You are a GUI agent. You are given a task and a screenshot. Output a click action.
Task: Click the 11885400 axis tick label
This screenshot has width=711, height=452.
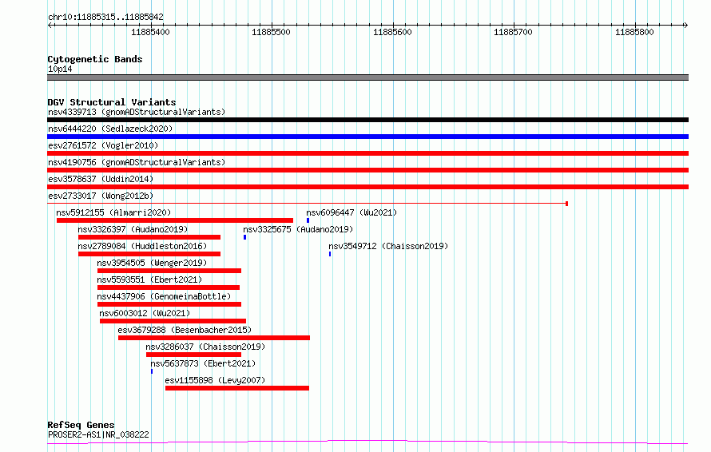[x=150, y=32]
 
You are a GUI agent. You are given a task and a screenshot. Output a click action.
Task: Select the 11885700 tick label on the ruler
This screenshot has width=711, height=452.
[x=513, y=32]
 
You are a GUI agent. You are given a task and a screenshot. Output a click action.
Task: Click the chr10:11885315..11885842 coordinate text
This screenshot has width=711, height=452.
[x=105, y=18]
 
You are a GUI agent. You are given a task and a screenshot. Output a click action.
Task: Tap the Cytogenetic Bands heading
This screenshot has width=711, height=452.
[x=95, y=59]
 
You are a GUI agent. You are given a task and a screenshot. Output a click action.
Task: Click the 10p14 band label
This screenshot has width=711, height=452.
[x=60, y=69]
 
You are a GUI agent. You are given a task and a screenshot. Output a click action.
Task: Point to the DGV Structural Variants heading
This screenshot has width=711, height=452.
[x=112, y=102]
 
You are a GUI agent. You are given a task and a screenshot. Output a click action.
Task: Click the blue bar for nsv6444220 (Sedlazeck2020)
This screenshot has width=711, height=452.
[x=367, y=137]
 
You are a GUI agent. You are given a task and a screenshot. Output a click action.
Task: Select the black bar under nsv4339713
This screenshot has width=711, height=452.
[x=367, y=120]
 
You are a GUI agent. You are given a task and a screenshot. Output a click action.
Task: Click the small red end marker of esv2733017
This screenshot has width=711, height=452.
[x=567, y=204]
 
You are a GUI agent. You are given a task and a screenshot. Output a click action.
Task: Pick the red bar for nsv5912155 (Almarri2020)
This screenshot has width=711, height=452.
[x=175, y=220]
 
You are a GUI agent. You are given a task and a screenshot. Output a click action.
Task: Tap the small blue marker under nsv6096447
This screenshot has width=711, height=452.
[x=308, y=220]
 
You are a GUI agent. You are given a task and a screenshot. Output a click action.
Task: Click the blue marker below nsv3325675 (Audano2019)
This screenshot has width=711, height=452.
[x=245, y=237]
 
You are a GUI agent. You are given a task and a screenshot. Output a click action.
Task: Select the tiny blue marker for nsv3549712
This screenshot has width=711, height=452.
[x=330, y=254]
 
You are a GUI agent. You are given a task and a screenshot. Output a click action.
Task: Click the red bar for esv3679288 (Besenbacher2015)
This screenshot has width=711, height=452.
[x=214, y=338]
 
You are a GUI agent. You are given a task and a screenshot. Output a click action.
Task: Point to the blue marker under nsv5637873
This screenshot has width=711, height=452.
[x=152, y=371]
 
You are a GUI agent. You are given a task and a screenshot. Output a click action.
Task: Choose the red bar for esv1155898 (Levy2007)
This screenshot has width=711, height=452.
[x=237, y=388]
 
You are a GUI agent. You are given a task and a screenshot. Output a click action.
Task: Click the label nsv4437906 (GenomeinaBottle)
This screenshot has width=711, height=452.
[x=164, y=296]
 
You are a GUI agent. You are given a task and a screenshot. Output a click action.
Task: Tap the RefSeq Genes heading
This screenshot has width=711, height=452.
[x=81, y=425]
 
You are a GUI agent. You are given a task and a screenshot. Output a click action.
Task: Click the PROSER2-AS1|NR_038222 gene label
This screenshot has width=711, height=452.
[x=98, y=434]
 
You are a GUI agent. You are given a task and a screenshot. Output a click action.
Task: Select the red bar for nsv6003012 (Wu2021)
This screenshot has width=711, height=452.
[x=173, y=321]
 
